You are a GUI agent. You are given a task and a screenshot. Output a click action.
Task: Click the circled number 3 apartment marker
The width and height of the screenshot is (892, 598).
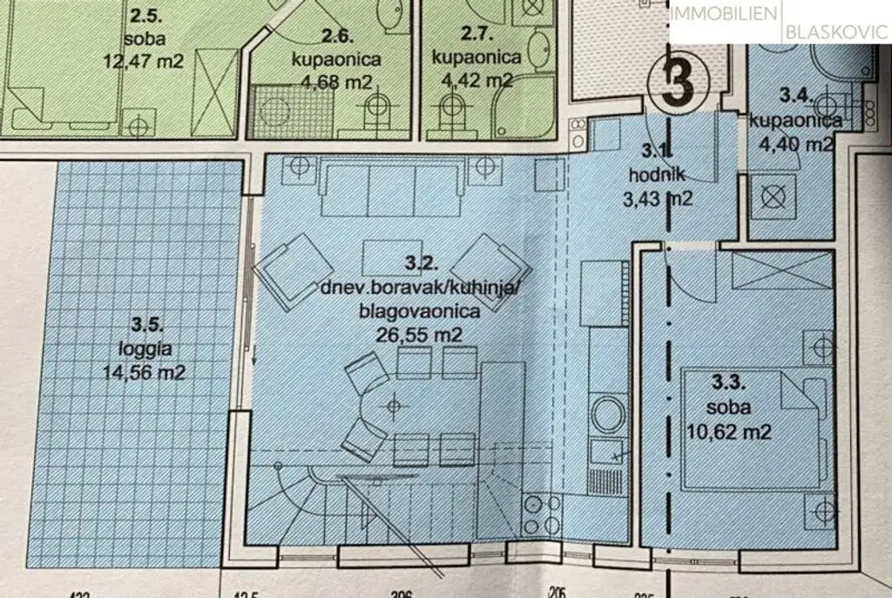[678, 85]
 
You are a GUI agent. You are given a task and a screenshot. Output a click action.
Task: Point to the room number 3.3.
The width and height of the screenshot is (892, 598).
[729, 382]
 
